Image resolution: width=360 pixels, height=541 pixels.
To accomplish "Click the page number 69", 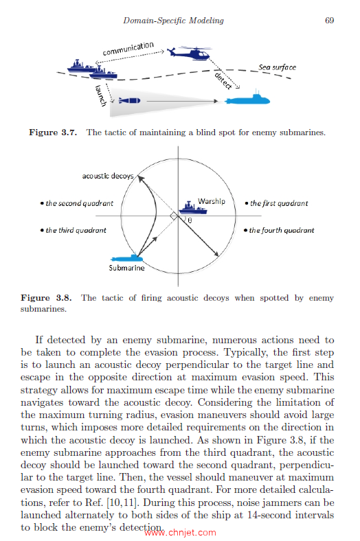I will (329, 21).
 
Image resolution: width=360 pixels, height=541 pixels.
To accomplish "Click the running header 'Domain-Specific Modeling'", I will (173, 21).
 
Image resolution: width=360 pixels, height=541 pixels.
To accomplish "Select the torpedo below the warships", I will (128, 100).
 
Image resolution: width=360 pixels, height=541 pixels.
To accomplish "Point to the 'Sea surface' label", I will (278, 67).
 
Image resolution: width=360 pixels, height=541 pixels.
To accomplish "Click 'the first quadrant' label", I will (276, 203).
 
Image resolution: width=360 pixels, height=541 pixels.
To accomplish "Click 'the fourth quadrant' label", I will (280, 230).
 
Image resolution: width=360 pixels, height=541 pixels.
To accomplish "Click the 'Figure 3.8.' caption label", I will (45, 298).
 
